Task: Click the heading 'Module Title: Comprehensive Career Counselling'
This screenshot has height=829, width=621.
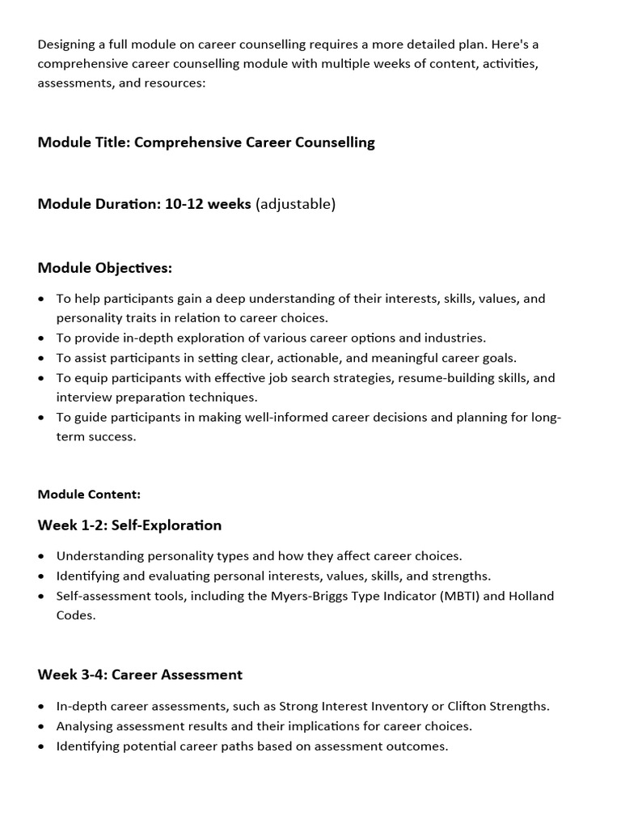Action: click(206, 142)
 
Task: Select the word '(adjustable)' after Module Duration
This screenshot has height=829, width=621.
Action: click(295, 204)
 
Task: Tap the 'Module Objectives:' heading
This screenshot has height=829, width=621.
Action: click(104, 268)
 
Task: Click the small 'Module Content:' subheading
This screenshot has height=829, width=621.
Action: click(89, 494)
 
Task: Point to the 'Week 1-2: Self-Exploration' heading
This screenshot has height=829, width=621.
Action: click(129, 525)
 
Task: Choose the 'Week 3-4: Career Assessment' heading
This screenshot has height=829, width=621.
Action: click(140, 674)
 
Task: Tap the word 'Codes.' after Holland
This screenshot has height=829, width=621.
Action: click(76, 615)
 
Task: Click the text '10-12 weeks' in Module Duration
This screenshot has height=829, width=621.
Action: click(208, 204)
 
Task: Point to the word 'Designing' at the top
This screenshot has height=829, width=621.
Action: click(67, 44)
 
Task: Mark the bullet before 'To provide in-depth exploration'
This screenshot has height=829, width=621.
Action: click(42, 338)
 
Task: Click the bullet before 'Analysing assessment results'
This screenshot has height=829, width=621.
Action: click(42, 726)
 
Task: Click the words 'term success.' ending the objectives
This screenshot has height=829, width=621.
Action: click(96, 437)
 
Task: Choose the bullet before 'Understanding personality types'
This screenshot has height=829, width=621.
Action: click(42, 556)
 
